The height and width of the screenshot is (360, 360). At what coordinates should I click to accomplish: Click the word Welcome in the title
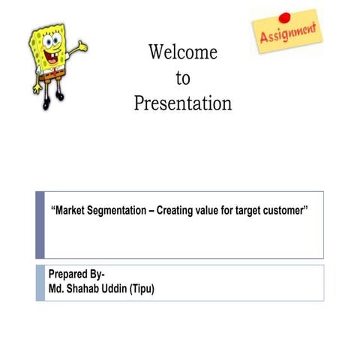point(183,52)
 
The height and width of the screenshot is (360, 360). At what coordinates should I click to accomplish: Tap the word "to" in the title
point(183,78)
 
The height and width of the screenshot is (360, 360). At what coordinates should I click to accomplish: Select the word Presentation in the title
point(183,103)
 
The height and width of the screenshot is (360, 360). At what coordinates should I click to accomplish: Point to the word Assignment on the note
point(287,34)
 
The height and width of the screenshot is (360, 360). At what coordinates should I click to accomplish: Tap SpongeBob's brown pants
point(52,74)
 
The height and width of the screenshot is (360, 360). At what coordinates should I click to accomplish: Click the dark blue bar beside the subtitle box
point(40,224)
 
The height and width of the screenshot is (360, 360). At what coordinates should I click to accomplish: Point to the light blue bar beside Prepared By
point(40,282)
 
